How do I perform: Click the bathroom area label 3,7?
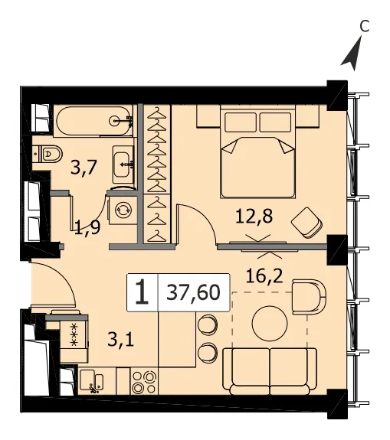(x=84, y=167)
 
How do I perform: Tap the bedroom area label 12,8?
(x=254, y=217)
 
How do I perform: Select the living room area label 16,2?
(x=264, y=276)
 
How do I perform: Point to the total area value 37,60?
(x=193, y=292)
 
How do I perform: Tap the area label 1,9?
(x=87, y=227)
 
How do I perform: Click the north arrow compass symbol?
(x=352, y=55)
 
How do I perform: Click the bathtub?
(x=94, y=121)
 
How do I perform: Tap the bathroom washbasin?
(x=123, y=165)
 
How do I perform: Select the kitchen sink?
(x=91, y=381)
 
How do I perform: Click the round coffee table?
(x=270, y=323)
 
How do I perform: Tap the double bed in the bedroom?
(x=257, y=152)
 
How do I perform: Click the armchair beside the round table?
(x=309, y=297)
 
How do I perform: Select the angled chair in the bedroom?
(x=306, y=223)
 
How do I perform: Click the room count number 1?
(x=142, y=292)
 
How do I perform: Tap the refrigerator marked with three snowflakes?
(x=74, y=334)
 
